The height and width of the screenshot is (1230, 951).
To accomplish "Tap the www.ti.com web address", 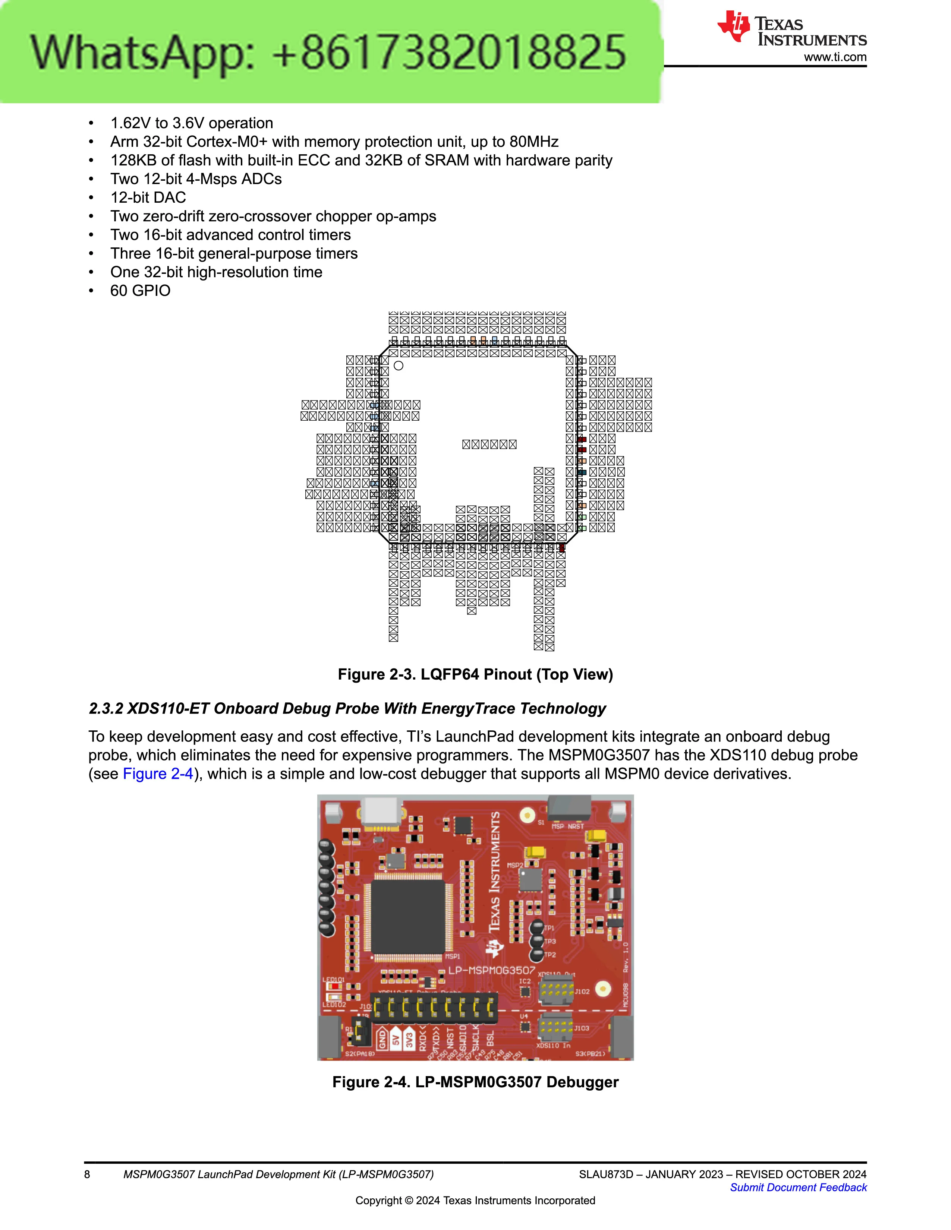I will click(835, 57).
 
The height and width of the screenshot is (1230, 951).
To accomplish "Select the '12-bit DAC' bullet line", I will click(148, 198).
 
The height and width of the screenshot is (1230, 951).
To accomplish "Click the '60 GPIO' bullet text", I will click(140, 291).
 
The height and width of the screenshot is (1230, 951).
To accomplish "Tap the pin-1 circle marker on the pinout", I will click(398, 366).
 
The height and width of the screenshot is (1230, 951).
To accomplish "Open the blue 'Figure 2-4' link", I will click(158, 774).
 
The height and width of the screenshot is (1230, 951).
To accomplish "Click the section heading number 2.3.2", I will click(106, 708).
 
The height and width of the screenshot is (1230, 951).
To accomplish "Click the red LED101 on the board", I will click(335, 986).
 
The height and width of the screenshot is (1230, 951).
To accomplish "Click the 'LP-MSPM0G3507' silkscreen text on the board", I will click(491, 970).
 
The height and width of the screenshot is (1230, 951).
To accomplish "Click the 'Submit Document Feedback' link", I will click(798, 1187).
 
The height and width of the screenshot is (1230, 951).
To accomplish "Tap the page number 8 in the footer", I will click(87, 1174).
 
